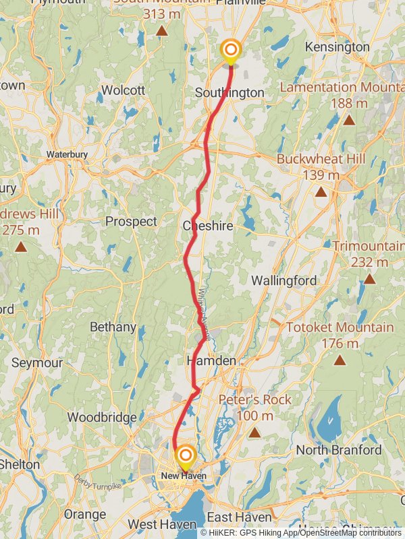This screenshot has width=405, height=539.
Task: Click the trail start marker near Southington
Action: coord(230,51)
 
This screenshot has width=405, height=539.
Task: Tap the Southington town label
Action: coord(229,92)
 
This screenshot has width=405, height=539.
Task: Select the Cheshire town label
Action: coord(208,226)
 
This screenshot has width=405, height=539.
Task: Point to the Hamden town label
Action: coord(211,361)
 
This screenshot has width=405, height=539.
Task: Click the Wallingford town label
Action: coord(284,280)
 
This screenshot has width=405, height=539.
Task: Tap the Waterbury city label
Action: coord(67,154)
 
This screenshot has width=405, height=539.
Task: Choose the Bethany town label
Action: coord(113,327)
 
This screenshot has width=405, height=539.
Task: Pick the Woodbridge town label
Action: coord(102,418)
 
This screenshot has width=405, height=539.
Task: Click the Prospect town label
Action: coord(131,221)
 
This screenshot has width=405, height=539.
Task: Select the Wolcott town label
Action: coord(123,90)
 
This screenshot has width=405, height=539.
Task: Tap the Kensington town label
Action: coord(337,47)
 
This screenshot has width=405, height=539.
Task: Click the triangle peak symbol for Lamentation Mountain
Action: coord(349,121)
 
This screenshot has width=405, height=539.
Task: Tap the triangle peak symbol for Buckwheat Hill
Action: coord(321,192)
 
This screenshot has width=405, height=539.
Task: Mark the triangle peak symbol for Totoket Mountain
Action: coord(340,360)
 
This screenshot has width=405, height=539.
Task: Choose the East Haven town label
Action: coord(239,517)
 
